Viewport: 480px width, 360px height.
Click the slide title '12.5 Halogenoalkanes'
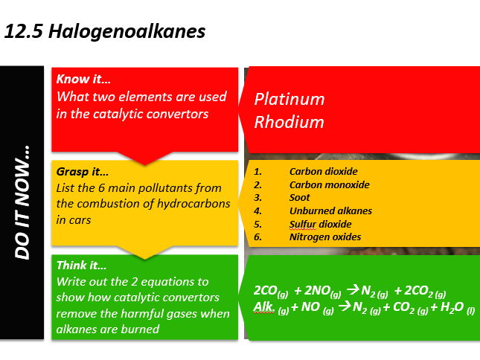pos(105,32)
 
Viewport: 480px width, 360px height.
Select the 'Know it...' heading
pos(83,78)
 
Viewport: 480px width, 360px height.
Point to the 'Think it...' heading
pos(82,265)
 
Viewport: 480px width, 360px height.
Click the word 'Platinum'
pos(289,99)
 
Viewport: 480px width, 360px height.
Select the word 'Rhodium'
pos(289,122)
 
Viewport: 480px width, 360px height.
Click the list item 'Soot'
pos(300,198)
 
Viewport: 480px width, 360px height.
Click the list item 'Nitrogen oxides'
pos(325,237)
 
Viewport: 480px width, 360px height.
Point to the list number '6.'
pos(258,237)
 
